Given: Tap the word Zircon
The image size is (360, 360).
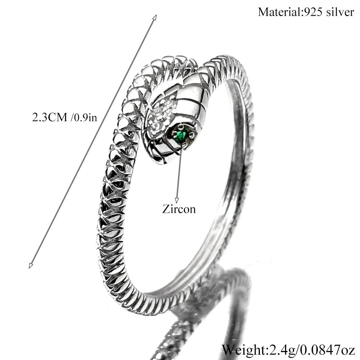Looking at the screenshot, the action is click(x=179, y=209).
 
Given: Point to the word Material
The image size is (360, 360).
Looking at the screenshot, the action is click(x=279, y=12).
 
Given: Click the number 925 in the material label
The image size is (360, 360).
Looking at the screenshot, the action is click(x=312, y=12).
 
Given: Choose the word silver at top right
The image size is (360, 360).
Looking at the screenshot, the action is click(x=340, y=12).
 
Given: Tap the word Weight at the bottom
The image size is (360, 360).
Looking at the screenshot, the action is click(x=243, y=351).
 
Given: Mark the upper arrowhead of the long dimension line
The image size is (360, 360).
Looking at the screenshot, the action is click(x=154, y=18).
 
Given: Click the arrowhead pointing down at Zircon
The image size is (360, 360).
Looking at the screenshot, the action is click(x=177, y=200).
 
